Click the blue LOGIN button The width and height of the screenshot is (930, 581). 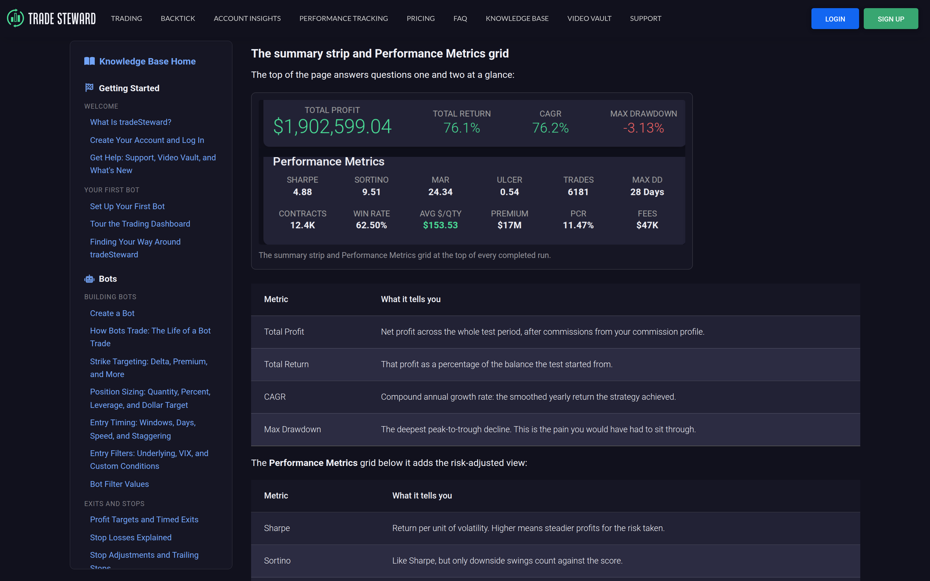(835, 18)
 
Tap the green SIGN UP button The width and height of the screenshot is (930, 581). (891, 18)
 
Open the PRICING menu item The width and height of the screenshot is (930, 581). (421, 18)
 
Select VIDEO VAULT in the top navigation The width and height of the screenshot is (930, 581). (589, 18)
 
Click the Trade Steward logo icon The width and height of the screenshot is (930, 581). (15, 18)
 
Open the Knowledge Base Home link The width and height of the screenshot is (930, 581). (147, 62)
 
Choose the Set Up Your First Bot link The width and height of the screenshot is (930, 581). (127, 206)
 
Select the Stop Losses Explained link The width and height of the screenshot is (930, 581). (131, 538)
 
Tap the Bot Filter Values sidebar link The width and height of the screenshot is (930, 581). (119, 484)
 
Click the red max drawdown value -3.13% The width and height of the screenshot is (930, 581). (644, 128)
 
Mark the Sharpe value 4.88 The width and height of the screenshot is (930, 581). (303, 192)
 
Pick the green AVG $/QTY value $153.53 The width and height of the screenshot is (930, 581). (440, 225)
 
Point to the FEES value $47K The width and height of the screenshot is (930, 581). (647, 225)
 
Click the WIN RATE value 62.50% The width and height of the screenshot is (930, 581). (371, 225)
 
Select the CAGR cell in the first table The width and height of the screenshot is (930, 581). (275, 397)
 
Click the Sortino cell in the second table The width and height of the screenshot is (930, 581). (277, 561)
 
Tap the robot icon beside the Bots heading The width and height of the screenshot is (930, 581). (89, 279)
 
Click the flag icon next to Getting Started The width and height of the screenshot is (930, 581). (89, 88)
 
